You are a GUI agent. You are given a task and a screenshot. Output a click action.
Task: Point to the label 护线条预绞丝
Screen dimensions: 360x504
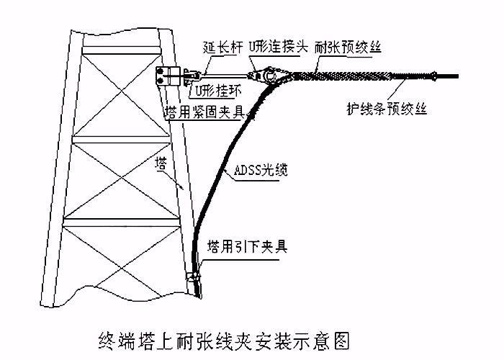[x=387, y=109]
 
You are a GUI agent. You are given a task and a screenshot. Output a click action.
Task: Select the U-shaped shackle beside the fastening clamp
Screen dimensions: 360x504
[x=190, y=74]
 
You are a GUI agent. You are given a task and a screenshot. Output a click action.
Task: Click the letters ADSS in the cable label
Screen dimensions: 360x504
[x=247, y=172]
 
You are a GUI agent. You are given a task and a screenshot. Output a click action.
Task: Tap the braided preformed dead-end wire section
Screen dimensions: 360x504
[x=346, y=71]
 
